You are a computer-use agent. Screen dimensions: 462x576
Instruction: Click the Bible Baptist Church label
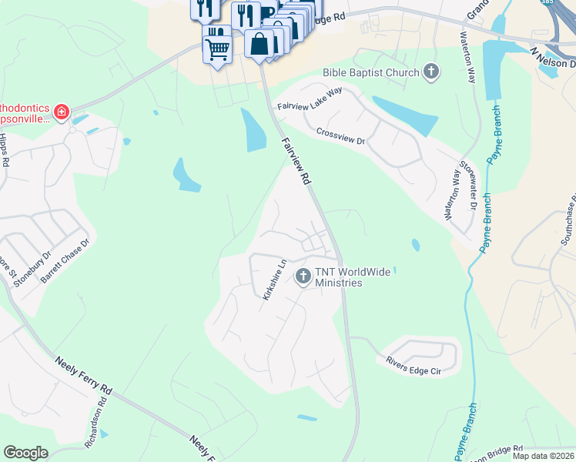click(371, 72)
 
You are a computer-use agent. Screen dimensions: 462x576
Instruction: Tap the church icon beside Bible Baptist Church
click(431, 72)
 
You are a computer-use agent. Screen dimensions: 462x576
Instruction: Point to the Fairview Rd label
click(296, 160)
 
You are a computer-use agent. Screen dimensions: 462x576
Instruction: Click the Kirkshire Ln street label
click(274, 280)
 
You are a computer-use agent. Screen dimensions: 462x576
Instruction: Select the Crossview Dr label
click(340, 137)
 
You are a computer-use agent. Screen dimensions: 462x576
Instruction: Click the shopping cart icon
click(217, 49)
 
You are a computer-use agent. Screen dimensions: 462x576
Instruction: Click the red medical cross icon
click(61, 113)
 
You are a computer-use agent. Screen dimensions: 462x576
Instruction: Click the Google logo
click(25, 453)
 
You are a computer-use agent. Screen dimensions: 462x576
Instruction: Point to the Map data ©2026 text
click(543, 456)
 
